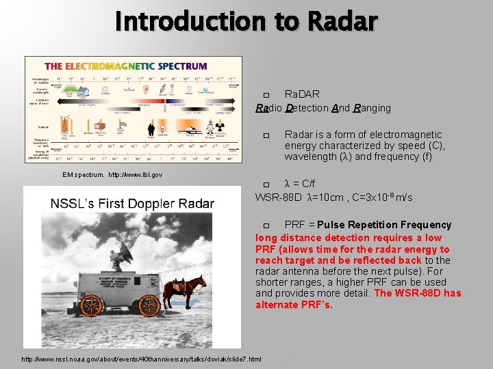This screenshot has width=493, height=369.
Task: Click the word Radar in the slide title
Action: click(x=342, y=21)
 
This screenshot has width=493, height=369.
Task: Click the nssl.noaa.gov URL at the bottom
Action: click(x=141, y=359)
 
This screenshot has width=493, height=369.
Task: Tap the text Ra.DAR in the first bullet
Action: click(x=302, y=94)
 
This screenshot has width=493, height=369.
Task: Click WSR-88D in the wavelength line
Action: click(x=278, y=197)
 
